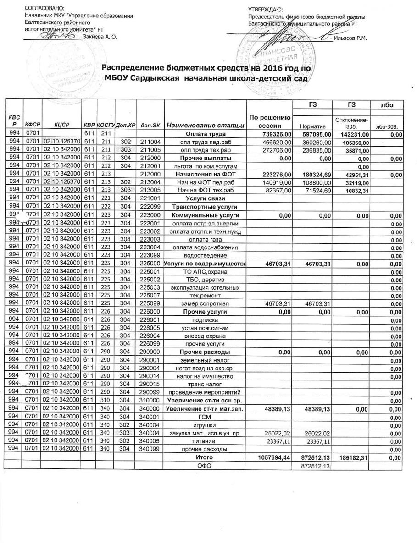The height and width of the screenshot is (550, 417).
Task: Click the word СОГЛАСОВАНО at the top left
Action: (x=44, y=9)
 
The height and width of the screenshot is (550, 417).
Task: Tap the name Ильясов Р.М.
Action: (x=351, y=38)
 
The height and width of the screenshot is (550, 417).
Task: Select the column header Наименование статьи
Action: (x=205, y=125)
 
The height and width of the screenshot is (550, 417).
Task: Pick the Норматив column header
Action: (x=312, y=125)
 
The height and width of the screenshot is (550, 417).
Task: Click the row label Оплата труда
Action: (x=204, y=134)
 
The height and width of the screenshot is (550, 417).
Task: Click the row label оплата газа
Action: (x=205, y=239)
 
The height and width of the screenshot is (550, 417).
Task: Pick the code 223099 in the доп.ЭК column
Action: (x=150, y=255)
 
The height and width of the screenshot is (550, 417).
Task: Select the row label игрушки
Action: (x=204, y=425)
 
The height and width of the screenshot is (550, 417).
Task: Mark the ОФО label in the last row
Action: (x=204, y=466)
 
